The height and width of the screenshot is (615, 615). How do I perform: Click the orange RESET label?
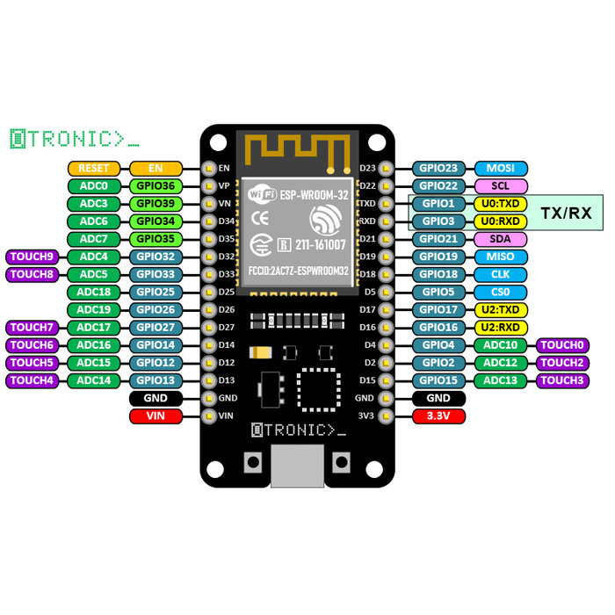[93, 168]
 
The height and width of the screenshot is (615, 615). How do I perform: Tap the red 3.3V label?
[438, 416]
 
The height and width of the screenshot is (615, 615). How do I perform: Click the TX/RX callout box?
[565, 213]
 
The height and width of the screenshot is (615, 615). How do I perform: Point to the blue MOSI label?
[501, 168]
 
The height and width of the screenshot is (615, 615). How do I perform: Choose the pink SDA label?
[501, 239]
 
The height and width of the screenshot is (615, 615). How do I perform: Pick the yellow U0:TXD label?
[501, 204]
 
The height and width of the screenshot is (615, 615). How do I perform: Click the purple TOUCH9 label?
[33, 257]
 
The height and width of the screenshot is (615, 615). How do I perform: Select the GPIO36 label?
[156, 185]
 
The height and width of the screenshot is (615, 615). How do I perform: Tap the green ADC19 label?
[93, 309]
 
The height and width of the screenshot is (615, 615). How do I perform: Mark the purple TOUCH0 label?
[562, 345]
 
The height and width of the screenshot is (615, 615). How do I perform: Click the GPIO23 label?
[438, 168]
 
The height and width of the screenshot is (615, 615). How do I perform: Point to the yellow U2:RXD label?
[501, 327]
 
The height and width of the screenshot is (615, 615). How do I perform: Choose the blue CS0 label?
[501, 292]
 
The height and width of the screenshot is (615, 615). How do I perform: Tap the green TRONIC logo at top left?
[74, 138]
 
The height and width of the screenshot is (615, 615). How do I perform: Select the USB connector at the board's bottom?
[298, 466]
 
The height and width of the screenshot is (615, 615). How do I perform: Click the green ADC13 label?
[501, 380]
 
